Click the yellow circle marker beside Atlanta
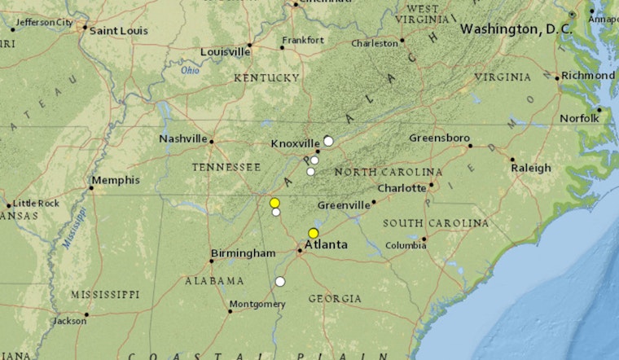click(x=314, y=234)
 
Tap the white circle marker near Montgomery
click(x=280, y=282)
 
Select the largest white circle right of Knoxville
click(x=328, y=141)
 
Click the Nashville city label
click(x=183, y=138)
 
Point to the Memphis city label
click(x=115, y=180)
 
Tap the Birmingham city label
click(x=243, y=253)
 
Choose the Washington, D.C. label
click(x=516, y=29)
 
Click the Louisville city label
click(x=225, y=52)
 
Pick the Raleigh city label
click(x=531, y=168)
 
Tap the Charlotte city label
click(x=402, y=188)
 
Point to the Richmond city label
click(x=587, y=75)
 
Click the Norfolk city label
click(x=580, y=119)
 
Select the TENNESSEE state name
click(x=226, y=167)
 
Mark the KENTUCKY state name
click(x=266, y=78)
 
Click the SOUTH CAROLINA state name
click(x=436, y=223)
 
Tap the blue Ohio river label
click(x=190, y=70)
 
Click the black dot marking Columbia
click(x=424, y=239)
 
